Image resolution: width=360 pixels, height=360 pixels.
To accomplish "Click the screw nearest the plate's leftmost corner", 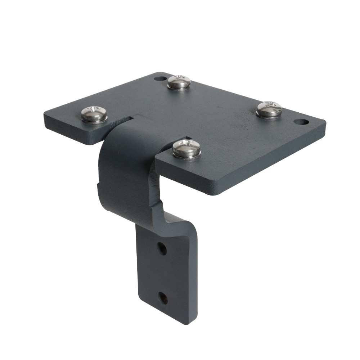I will click(94, 114).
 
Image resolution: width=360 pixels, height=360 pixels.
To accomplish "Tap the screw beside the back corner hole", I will click(179, 82).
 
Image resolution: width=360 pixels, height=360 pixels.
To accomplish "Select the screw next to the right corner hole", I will click(269, 109).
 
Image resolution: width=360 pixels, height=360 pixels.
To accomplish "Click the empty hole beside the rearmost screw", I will click(158, 78).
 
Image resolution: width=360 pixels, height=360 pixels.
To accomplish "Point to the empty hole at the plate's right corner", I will click(301, 122).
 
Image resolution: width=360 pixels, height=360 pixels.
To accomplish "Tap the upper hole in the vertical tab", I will click(162, 248).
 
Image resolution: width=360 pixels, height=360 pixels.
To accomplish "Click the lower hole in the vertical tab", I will click(163, 297).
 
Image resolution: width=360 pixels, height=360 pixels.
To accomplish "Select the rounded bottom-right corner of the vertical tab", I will click(193, 320).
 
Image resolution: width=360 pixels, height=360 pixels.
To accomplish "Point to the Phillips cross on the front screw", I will click(186, 145).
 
